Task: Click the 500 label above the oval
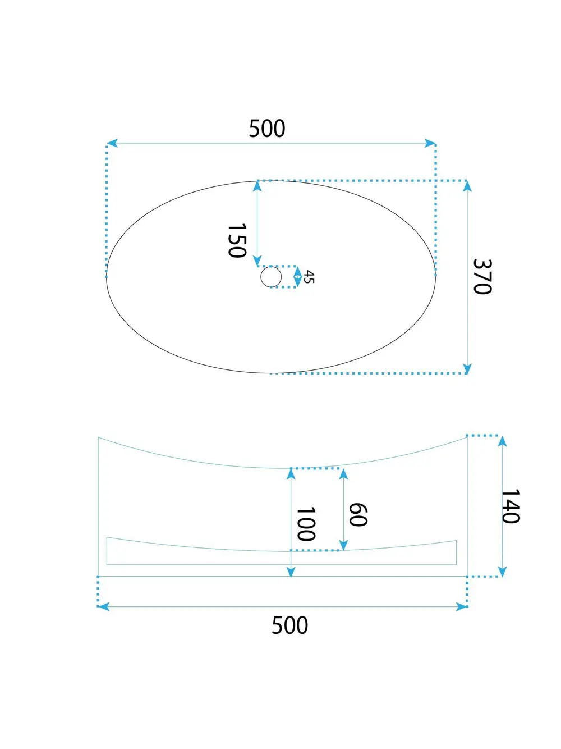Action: [x=267, y=129]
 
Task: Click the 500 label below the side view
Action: [x=289, y=625]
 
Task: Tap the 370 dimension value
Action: [x=482, y=276]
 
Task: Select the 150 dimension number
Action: [x=237, y=240]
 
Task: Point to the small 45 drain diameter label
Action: [x=309, y=277]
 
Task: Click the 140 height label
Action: [x=510, y=506]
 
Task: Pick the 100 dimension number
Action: [x=306, y=524]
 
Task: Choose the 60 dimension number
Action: [x=358, y=514]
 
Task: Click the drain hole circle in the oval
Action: [x=271, y=277]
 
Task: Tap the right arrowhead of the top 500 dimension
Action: [x=431, y=143]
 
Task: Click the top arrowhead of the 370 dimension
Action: [x=467, y=186]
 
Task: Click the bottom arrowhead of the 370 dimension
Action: [x=467, y=368]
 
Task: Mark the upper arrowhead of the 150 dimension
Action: [x=257, y=186]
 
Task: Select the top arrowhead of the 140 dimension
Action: [x=502, y=441]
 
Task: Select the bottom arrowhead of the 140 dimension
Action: [x=502, y=572]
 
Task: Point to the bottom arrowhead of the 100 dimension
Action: [x=291, y=572]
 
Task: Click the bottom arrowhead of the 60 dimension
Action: [x=343, y=545]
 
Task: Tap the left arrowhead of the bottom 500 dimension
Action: [x=103, y=606]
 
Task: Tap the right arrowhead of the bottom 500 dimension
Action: [x=462, y=606]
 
